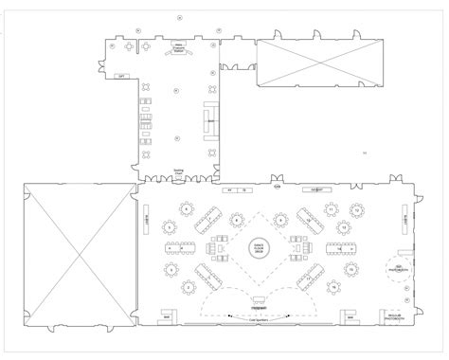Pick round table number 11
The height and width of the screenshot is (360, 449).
tap(332, 207)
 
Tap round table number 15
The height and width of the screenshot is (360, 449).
tap(349, 270)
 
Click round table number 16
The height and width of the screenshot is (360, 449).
tap(332, 287)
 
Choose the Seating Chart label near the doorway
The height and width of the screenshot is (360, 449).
tap(177, 172)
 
